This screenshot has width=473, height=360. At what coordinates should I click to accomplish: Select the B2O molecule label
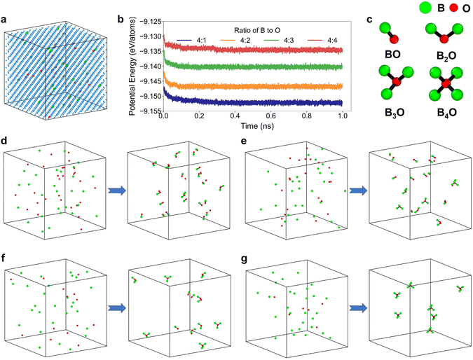coord(442,54)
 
